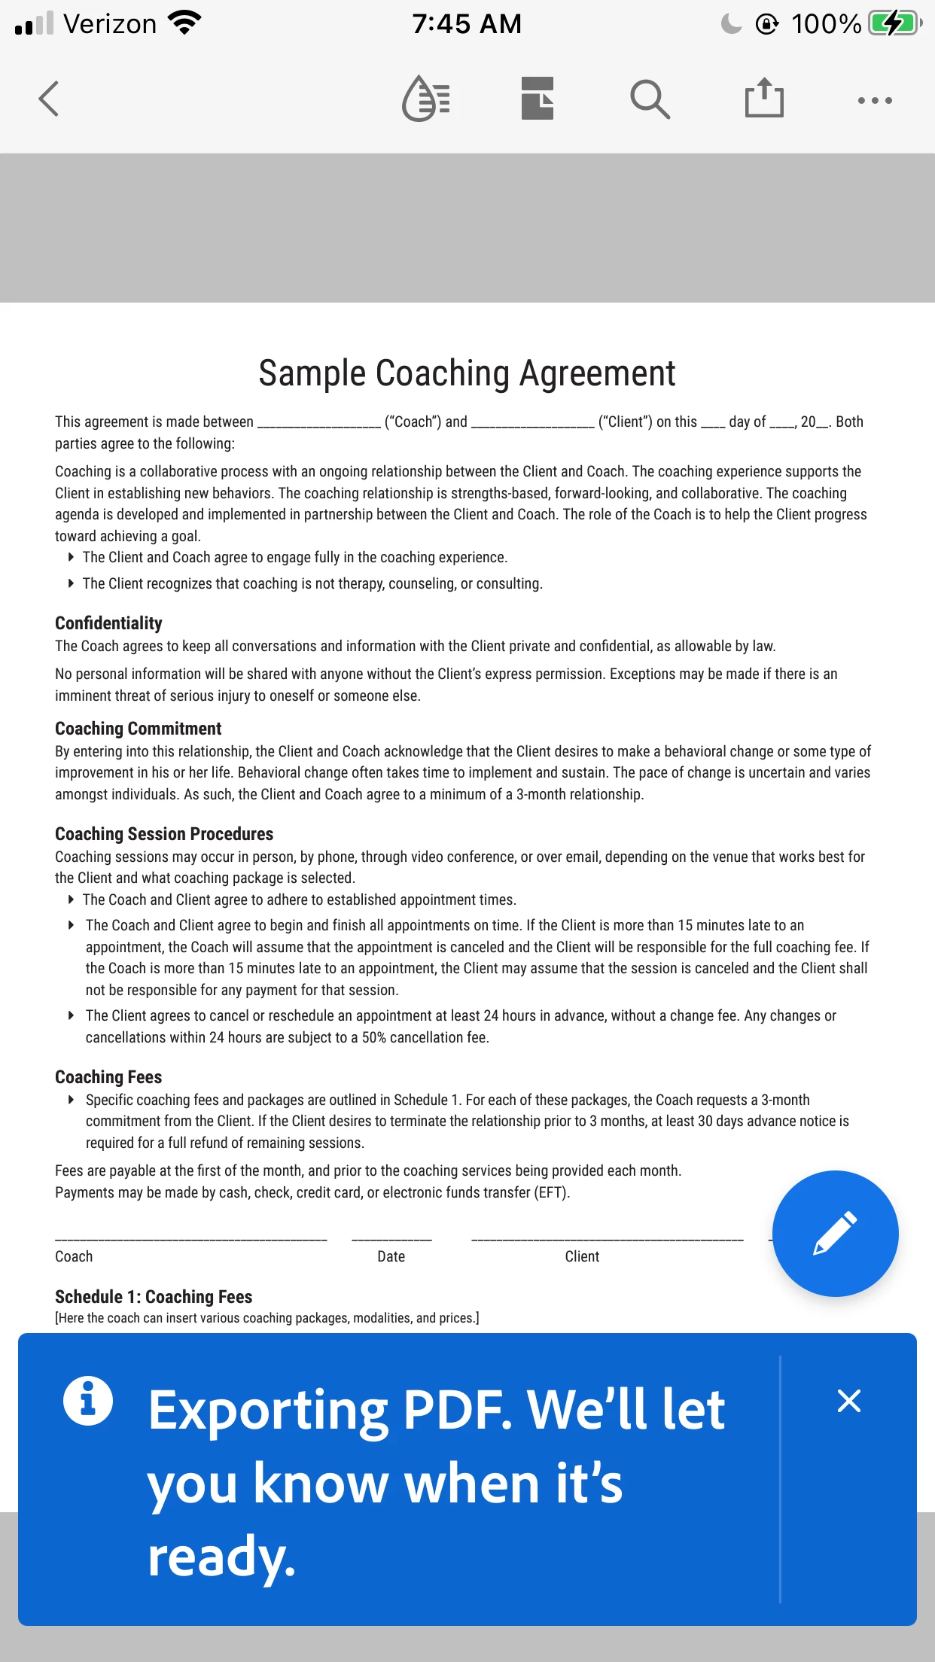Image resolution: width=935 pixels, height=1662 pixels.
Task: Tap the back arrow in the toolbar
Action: click(49, 99)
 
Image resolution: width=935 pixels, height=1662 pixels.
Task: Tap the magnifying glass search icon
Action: click(650, 99)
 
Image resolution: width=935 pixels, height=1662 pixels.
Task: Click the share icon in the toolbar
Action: click(764, 98)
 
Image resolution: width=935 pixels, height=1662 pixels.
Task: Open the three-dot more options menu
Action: click(875, 100)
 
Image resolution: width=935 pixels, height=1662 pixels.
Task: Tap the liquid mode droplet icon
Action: click(426, 99)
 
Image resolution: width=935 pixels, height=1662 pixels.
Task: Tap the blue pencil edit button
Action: click(835, 1233)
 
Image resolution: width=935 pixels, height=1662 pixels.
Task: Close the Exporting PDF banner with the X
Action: click(848, 1401)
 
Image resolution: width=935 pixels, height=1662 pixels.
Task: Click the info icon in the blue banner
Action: click(88, 1401)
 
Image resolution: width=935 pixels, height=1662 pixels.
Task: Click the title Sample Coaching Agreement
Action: click(467, 373)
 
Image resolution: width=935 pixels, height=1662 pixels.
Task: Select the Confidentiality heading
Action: click(108, 623)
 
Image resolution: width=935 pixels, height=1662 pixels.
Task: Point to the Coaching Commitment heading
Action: click(138, 729)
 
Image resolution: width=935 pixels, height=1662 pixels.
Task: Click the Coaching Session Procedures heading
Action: click(163, 834)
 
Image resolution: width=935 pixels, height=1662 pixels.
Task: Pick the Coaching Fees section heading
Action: click(108, 1077)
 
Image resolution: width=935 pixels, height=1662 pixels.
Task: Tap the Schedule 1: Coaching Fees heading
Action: click(154, 1297)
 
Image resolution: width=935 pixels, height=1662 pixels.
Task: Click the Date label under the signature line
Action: click(391, 1256)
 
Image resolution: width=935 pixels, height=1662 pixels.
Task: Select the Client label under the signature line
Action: click(582, 1256)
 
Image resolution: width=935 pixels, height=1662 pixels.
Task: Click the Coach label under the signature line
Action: click(74, 1256)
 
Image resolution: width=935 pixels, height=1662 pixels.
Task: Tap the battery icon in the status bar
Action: click(894, 23)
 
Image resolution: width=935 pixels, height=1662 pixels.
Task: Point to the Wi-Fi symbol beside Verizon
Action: click(185, 23)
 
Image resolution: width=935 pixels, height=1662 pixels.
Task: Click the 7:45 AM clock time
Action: click(467, 24)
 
